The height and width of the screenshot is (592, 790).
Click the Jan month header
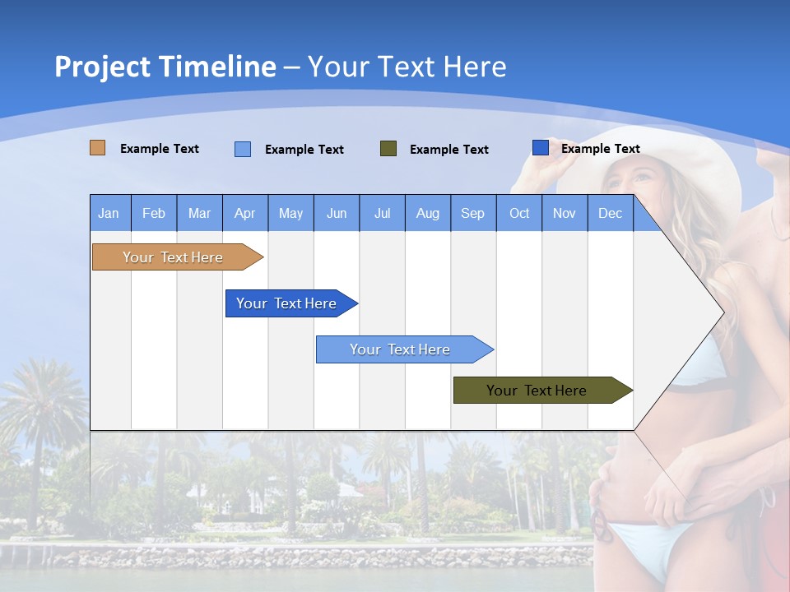[109, 213]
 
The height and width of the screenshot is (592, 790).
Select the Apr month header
[245, 213]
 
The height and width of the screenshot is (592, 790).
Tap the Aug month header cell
[428, 213]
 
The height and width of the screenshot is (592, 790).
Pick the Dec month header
[611, 213]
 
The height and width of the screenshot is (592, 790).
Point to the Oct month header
[519, 213]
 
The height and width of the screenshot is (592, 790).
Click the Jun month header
[337, 213]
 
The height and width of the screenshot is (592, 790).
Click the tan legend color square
[98, 148]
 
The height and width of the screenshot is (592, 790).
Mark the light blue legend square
[243, 149]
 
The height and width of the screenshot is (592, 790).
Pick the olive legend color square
[388, 149]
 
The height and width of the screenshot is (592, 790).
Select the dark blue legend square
[541, 148]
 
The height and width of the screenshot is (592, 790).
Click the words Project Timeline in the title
[165, 67]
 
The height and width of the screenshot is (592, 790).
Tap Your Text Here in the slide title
[407, 67]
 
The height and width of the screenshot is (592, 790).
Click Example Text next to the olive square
[449, 150]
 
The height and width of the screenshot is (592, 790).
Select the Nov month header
[565, 213]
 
